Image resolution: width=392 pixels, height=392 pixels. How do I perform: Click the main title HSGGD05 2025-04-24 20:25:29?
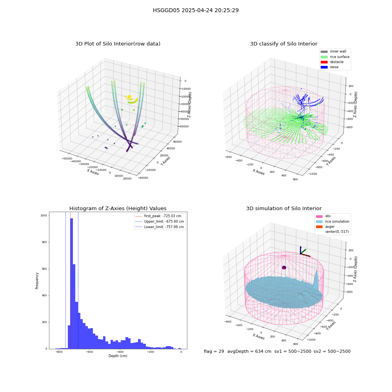(196, 10)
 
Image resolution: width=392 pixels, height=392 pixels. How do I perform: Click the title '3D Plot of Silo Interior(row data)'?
(118, 44)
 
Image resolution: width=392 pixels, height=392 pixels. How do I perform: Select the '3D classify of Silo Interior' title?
(284, 44)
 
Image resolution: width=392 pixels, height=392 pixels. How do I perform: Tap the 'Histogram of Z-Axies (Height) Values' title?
(118, 208)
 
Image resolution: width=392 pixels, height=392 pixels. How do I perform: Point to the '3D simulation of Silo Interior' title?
(284, 208)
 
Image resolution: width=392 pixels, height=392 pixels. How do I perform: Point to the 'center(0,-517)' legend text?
(337, 232)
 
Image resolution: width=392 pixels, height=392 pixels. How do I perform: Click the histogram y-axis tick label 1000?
(44, 216)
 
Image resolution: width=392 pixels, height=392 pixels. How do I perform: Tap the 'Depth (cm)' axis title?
(118, 356)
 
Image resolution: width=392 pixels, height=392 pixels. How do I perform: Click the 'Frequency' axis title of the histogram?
(37, 281)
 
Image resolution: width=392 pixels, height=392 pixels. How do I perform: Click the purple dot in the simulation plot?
(284, 267)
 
